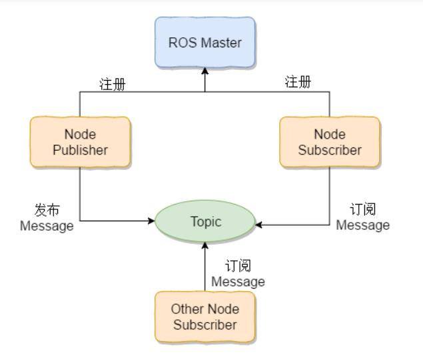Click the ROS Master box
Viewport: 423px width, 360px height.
click(x=205, y=43)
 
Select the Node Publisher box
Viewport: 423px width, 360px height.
click(x=80, y=142)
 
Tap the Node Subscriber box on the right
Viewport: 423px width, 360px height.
click(x=329, y=142)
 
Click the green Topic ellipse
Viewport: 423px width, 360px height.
click(x=205, y=221)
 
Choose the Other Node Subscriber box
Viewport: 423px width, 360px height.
click(x=205, y=317)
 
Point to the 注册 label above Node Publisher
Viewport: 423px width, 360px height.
click(x=113, y=84)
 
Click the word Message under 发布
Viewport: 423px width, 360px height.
click(x=47, y=226)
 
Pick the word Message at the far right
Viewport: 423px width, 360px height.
click(x=362, y=225)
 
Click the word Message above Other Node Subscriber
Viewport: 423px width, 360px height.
click(x=238, y=282)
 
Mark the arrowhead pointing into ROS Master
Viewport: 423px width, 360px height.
click(x=205, y=70)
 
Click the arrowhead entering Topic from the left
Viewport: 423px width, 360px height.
click(x=151, y=221)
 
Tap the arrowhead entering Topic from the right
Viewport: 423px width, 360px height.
click(x=260, y=225)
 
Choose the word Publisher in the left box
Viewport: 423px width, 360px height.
click(x=80, y=150)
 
